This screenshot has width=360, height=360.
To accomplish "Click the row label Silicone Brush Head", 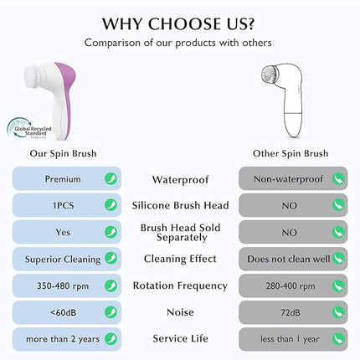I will click(180, 205).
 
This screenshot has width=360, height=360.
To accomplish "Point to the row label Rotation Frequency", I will click(180, 285).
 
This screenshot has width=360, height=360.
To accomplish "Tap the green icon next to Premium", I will click(110, 178).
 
